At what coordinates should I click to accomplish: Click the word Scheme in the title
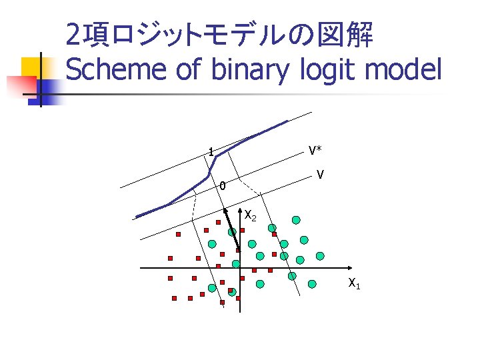pyautogui.click(x=117, y=69)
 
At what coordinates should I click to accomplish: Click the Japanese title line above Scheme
pyautogui.click(x=219, y=35)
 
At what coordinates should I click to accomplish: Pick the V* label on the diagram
pyautogui.click(x=315, y=151)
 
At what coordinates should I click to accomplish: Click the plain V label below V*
pyautogui.click(x=321, y=175)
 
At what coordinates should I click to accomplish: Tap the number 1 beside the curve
pyautogui.click(x=211, y=153)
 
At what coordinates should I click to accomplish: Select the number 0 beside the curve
pyautogui.click(x=223, y=186)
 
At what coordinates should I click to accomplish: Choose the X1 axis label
pyautogui.click(x=354, y=284)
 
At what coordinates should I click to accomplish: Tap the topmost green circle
pyautogui.click(x=295, y=219)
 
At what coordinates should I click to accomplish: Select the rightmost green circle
pyautogui.click(x=321, y=255)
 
